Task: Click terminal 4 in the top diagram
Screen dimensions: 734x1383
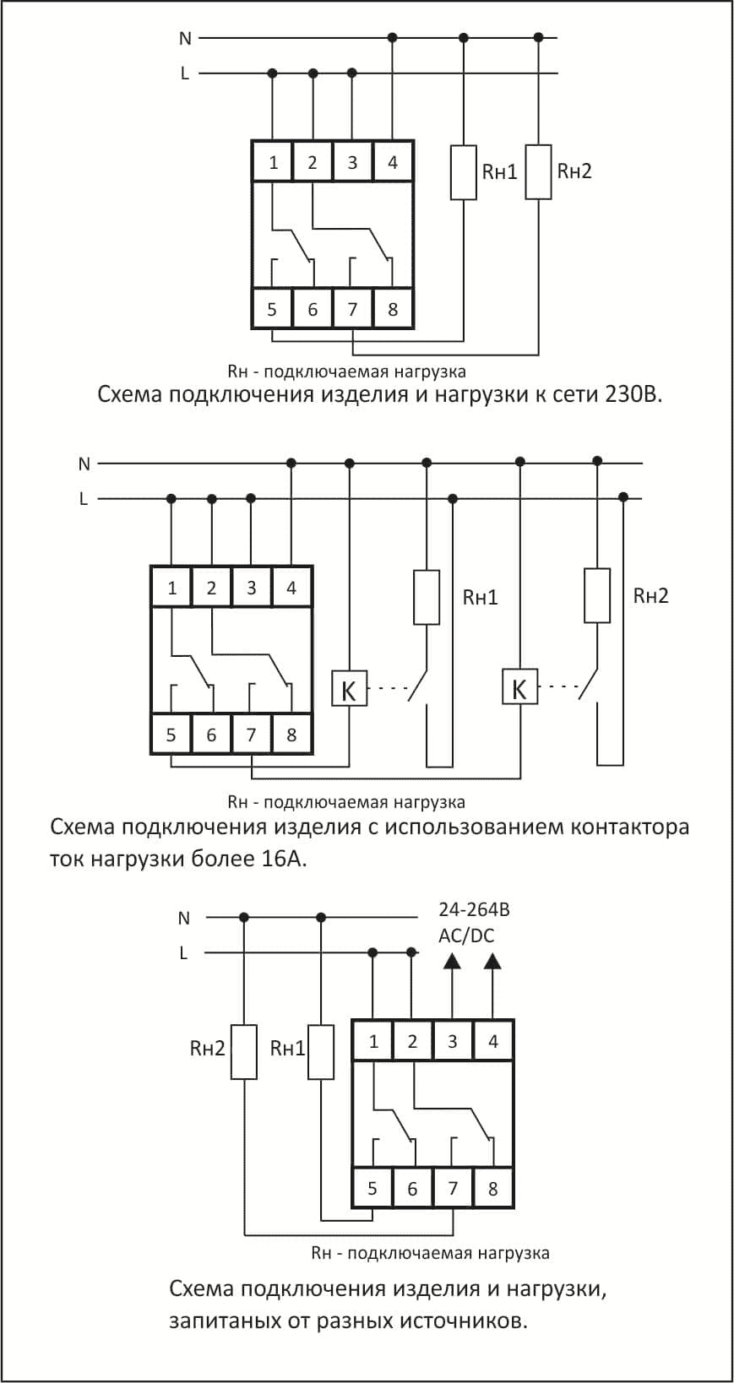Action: pyautogui.click(x=393, y=163)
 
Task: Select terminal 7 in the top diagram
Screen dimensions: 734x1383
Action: pyautogui.click(x=353, y=309)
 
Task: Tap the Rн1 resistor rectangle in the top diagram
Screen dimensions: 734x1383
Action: pyautogui.click(x=464, y=173)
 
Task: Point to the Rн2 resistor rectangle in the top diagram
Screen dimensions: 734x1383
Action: pyautogui.click(x=538, y=172)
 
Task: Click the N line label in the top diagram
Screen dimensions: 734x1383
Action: pyautogui.click(x=185, y=38)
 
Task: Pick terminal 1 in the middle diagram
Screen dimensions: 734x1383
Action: pyautogui.click(x=171, y=587)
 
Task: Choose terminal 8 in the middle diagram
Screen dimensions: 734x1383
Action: pyautogui.click(x=291, y=734)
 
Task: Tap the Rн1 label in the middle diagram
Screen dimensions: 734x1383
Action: pyautogui.click(x=480, y=598)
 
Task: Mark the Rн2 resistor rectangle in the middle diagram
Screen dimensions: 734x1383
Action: pyautogui.click(x=597, y=596)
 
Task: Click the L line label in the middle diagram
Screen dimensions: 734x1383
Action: pyautogui.click(x=84, y=499)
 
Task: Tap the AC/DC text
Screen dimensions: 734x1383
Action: pyautogui.click(x=466, y=936)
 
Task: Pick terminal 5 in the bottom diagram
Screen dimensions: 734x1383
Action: pyautogui.click(x=372, y=1188)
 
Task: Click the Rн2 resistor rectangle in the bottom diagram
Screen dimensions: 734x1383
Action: pyautogui.click(x=244, y=1052)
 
